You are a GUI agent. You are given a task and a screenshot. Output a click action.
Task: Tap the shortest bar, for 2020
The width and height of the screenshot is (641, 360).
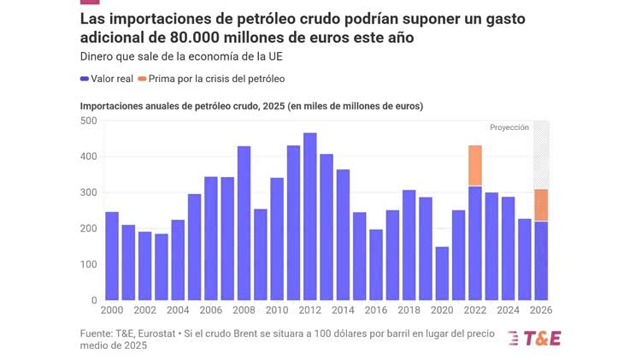[x=442, y=274]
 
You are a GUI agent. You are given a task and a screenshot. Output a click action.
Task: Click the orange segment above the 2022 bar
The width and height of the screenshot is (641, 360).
[x=475, y=166]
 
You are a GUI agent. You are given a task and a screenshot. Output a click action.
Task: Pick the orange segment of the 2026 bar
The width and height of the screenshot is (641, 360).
[x=541, y=205]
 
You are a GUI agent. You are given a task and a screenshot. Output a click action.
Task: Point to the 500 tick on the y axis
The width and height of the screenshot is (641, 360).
[x=89, y=121]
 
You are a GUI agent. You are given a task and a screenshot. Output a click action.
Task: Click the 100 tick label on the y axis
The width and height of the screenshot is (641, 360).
[x=89, y=264]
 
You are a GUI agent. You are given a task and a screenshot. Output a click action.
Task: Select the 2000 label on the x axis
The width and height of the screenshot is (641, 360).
[x=112, y=310]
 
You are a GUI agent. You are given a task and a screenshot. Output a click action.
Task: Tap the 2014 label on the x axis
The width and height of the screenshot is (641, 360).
[x=343, y=310]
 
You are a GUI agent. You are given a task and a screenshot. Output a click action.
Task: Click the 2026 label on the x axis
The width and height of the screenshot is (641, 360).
[x=541, y=310]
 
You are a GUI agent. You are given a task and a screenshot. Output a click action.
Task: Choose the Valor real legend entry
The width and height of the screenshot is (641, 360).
[x=106, y=79]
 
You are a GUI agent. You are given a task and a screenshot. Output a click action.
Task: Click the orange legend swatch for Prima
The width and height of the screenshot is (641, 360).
[x=143, y=79]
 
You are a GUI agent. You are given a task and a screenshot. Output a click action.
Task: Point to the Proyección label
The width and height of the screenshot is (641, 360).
[x=509, y=127]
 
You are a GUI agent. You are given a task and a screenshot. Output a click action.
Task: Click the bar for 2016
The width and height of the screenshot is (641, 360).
[x=376, y=265]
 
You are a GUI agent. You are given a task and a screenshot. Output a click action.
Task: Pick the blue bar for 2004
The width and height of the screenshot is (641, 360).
[x=178, y=260]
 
